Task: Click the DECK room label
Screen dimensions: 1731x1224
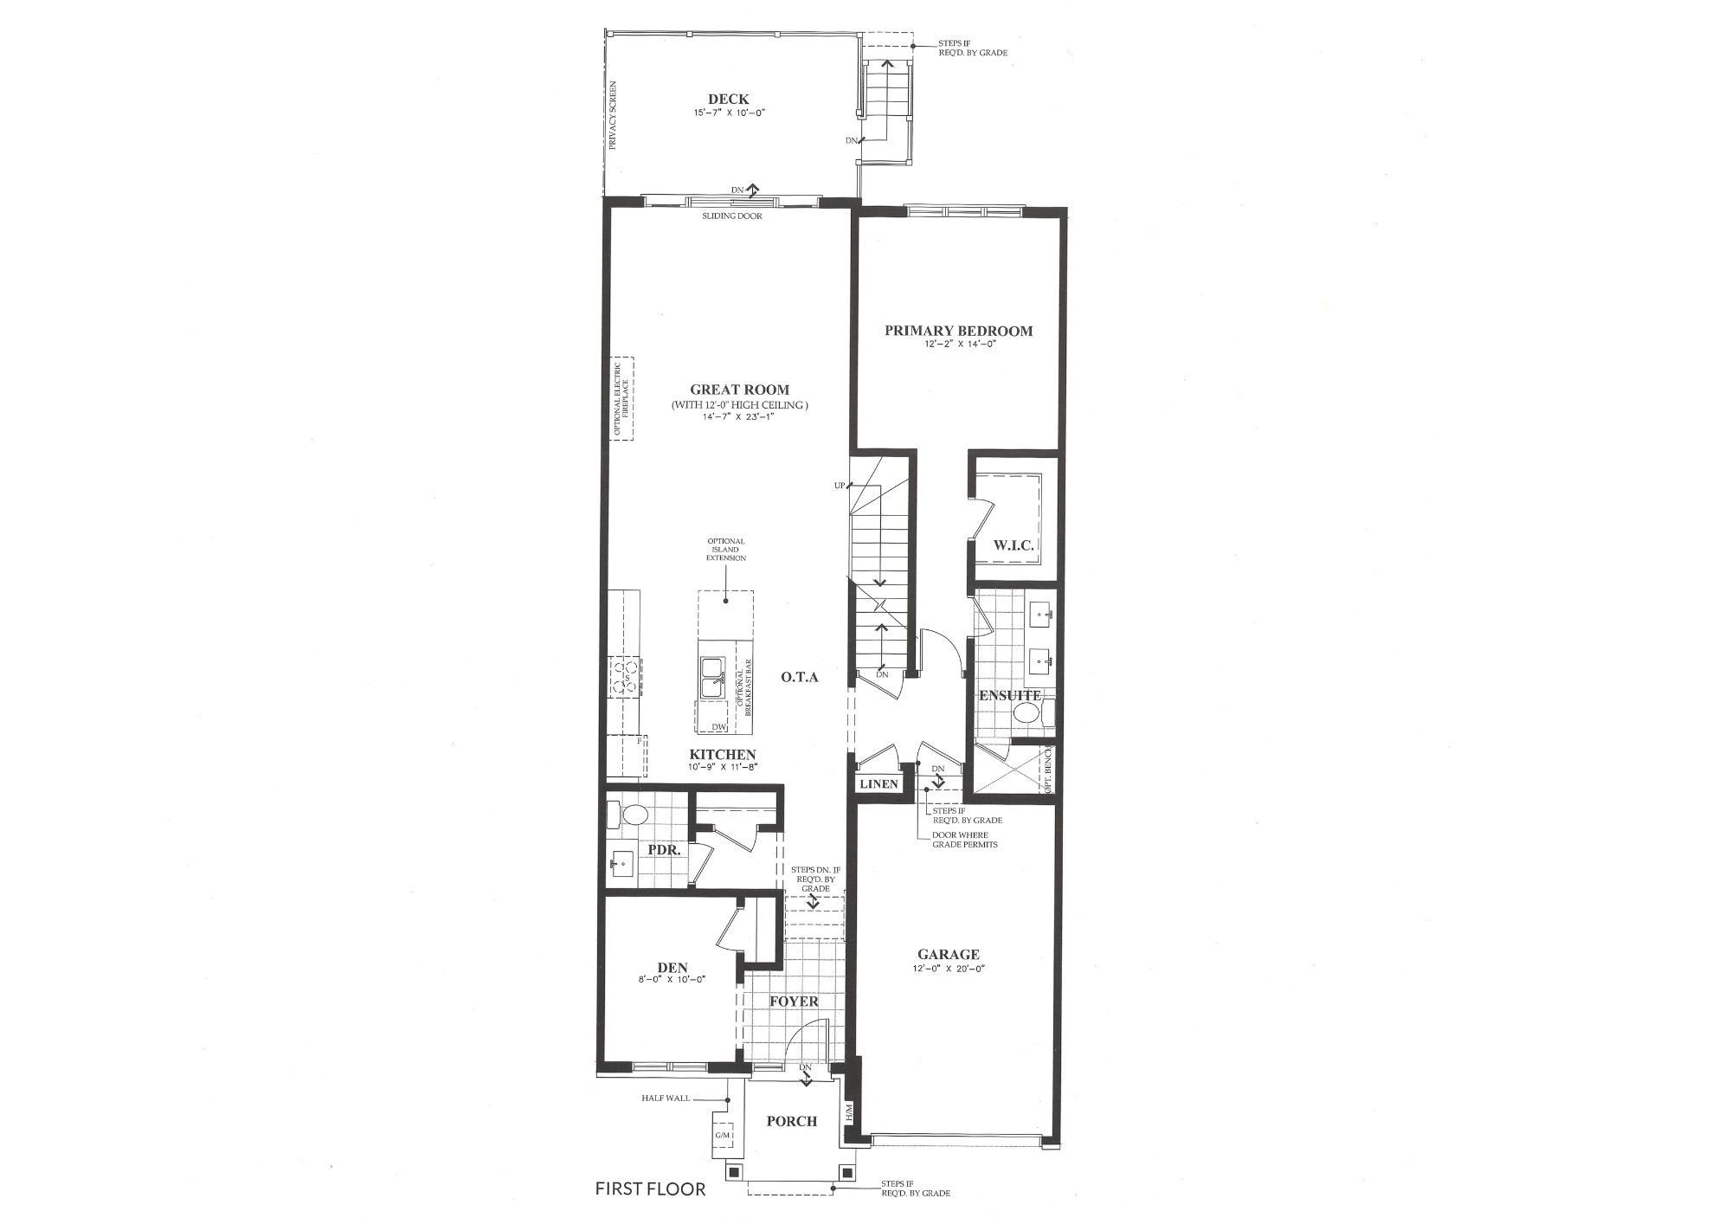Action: pyautogui.click(x=728, y=100)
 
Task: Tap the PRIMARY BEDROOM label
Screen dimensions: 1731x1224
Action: pyautogui.click(x=958, y=331)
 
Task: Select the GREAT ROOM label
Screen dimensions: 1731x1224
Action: pyautogui.click(x=739, y=390)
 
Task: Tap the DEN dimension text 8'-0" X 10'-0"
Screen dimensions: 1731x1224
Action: pyautogui.click(x=672, y=980)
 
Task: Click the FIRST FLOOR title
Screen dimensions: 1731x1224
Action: pyautogui.click(x=650, y=1189)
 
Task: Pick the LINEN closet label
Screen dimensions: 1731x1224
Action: pyautogui.click(x=878, y=784)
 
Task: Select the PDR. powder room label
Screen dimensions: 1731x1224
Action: pyautogui.click(x=665, y=850)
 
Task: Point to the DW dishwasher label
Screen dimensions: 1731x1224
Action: pyautogui.click(x=718, y=727)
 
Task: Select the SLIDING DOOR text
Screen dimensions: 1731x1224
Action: pyautogui.click(x=732, y=216)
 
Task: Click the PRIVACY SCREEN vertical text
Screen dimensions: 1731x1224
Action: pyautogui.click(x=614, y=116)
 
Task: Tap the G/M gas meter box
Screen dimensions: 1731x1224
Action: pyautogui.click(x=723, y=1135)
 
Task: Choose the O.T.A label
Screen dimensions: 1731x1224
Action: pyautogui.click(x=800, y=677)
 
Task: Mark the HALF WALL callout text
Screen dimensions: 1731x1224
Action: pyautogui.click(x=666, y=1098)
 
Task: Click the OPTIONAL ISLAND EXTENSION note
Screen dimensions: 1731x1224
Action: pyautogui.click(x=726, y=550)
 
